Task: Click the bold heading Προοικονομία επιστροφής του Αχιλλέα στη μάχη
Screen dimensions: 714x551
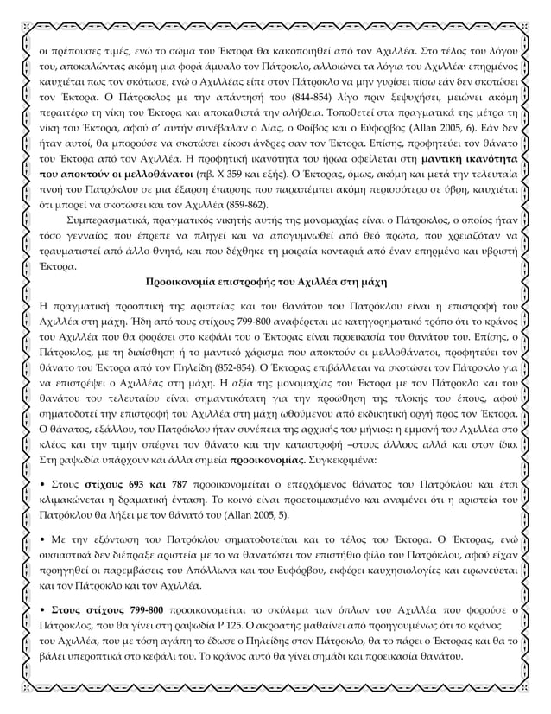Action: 275,281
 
